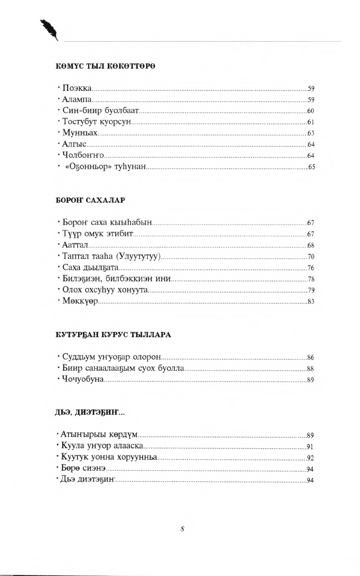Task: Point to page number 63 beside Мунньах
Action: pyautogui.click(x=310, y=133)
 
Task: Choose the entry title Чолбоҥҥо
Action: pyautogui.click(x=83, y=155)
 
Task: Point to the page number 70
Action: pyautogui.click(x=310, y=256)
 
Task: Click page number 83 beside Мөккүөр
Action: pyautogui.click(x=310, y=301)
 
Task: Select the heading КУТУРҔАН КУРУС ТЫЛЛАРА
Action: pyautogui.click(x=113, y=334)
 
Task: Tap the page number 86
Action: pyautogui.click(x=310, y=357)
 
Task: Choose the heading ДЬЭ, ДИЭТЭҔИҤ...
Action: pyautogui.click(x=90, y=412)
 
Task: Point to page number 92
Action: pyautogui.click(x=310, y=458)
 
